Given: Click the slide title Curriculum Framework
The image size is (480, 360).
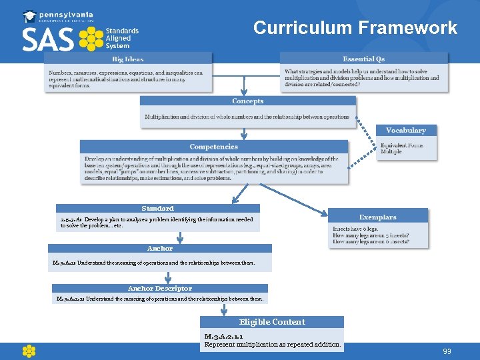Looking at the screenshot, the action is point(355,28).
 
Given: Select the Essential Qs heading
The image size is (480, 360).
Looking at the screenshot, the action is point(363,59).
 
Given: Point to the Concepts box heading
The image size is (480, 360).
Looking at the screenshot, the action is point(247,101).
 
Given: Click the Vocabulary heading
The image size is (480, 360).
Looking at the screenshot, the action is point(405,131).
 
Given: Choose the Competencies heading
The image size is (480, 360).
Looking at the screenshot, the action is point(213,147).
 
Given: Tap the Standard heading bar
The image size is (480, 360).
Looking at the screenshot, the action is point(157,209).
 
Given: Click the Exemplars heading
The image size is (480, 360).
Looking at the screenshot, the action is point(377,217).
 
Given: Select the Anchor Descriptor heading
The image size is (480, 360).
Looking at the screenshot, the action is point(160,289).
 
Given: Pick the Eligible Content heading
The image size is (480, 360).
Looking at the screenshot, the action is point(272,322).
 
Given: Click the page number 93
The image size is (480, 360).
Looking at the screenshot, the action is point(447,351).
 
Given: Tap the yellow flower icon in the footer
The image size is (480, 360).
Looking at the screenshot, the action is point(28,351).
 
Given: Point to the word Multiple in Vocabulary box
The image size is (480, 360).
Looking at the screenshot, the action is point(391,152).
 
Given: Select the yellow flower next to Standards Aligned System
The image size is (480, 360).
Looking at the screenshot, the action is point(91,39).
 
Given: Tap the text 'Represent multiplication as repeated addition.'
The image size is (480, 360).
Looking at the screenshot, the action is point(273,345).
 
